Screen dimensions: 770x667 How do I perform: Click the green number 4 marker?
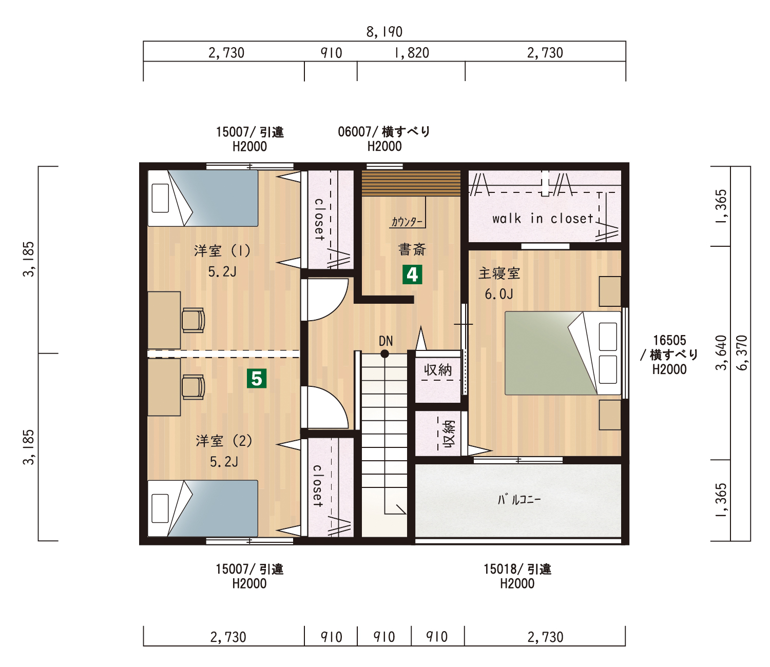tap(412, 274)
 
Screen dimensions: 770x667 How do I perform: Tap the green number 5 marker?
tap(257, 378)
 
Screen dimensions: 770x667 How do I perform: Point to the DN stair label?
tap(386, 341)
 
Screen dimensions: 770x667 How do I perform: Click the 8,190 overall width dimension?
tap(384, 32)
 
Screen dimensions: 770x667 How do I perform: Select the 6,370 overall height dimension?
tap(742, 352)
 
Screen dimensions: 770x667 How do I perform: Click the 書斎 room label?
tap(412, 249)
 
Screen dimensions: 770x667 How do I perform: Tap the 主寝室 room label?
tap(499, 273)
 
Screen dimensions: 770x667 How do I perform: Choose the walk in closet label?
tap(543, 219)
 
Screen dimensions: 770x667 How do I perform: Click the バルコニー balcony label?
tap(519, 499)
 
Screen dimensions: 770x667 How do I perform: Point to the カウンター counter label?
tap(407, 222)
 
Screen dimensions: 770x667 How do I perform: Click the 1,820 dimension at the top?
tap(412, 53)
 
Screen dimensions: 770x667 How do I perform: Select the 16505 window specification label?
tap(669, 355)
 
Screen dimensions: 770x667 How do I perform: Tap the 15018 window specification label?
tap(517, 576)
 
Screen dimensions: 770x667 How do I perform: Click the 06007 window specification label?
tap(384, 139)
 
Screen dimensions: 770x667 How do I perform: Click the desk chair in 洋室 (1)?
tap(193, 320)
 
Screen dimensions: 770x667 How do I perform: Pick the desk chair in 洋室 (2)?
tap(193, 387)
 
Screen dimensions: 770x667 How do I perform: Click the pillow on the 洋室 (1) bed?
tap(160, 198)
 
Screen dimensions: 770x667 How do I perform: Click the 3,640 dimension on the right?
tap(722, 352)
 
